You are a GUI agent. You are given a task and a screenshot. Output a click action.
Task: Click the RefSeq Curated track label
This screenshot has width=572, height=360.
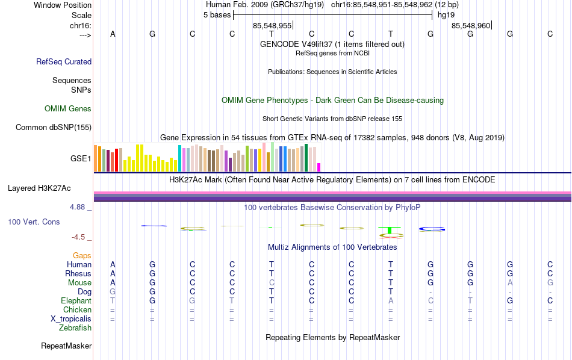coord(64,61)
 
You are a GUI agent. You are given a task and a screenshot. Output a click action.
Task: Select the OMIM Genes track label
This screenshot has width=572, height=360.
coord(68,109)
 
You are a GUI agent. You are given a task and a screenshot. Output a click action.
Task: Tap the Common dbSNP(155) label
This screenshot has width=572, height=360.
coord(54,127)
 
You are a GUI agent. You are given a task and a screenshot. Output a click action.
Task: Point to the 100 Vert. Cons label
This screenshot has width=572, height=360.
coord(34,222)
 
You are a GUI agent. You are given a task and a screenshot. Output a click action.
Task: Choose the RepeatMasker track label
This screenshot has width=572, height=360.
coord(66,346)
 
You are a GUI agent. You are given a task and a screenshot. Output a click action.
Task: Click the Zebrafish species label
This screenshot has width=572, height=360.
coord(75,328)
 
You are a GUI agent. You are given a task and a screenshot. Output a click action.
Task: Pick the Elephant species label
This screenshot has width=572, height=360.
coord(76,301)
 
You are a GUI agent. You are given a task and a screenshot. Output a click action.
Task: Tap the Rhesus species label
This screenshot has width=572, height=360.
coord(78,274)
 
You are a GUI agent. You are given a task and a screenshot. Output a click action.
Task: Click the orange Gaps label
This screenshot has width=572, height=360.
coord(82,256)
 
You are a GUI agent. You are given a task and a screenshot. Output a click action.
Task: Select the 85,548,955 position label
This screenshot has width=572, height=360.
coord(272,25)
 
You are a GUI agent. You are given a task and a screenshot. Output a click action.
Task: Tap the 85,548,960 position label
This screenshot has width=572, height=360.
coord(471,25)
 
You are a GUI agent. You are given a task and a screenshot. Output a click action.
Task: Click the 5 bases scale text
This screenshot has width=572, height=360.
coord(217,15)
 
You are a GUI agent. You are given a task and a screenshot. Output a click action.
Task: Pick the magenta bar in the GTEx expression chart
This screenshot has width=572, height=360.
coord(319,167)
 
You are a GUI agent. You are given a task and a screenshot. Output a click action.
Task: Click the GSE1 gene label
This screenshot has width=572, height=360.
coord(81,159)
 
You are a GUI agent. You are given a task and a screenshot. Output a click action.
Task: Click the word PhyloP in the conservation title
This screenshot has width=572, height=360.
coord(408,208)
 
